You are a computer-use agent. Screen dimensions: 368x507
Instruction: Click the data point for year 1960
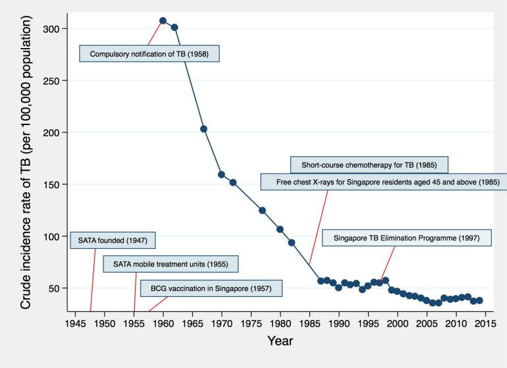[x=163, y=20]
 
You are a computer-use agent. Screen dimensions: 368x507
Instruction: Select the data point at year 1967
[x=203, y=129]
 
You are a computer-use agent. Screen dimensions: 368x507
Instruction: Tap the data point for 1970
[x=221, y=174]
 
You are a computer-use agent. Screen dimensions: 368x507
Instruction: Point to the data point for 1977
[x=262, y=211]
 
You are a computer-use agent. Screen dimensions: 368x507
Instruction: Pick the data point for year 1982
[x=292, y=243]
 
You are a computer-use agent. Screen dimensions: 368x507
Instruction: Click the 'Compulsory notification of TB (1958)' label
[x=149, y=53]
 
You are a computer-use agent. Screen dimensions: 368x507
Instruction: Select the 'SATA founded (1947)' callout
[x=113, y=240]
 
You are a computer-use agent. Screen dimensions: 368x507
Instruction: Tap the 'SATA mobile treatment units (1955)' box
[x=170, y=264]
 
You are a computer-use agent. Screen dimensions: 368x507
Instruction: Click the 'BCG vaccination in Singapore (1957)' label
[x=211, y=288]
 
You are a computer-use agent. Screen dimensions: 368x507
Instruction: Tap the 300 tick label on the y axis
[x=55, y=29]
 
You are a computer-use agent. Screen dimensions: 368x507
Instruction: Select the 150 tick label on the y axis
[x=55, y=184]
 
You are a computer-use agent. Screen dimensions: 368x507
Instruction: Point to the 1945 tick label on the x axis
[x=75, y=324]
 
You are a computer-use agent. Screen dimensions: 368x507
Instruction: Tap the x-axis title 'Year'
[x=280, y=341]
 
